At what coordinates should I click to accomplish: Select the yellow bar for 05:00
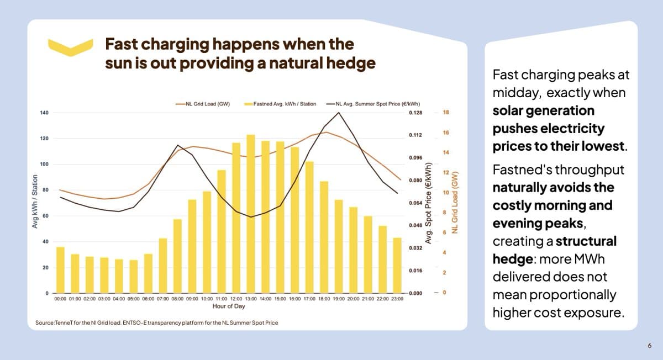click(133, 276)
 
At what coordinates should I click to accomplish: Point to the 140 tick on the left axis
click(45, 113)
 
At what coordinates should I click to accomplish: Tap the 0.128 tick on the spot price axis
click(415, 113)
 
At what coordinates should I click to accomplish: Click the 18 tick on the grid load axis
click(446, 113)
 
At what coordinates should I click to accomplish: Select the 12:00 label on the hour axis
click(236, 299)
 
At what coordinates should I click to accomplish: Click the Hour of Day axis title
click(229, 306)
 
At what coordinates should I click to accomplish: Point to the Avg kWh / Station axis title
click(35, 202)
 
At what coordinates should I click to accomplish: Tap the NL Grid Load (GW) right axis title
click(455, 202)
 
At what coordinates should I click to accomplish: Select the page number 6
click(650, 346)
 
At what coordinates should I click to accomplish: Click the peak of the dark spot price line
click(338, 113)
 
